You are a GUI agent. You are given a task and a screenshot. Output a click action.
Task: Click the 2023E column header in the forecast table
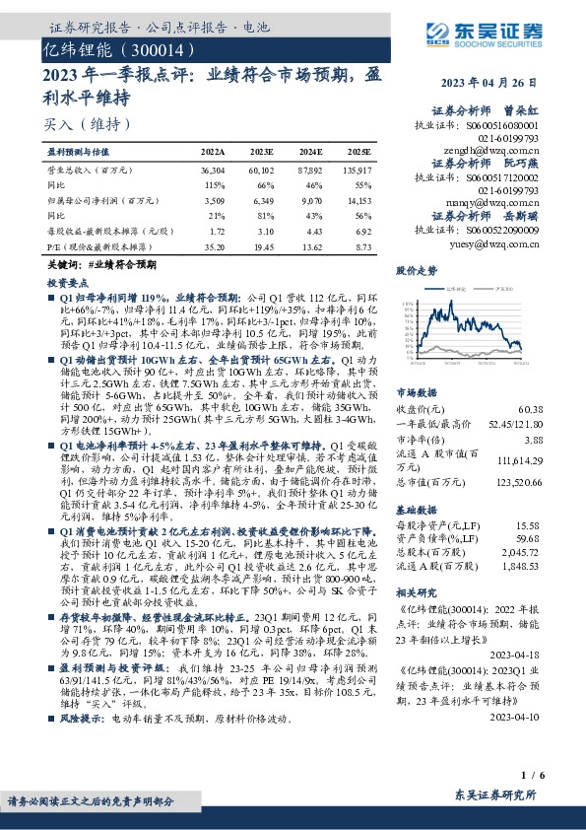click(x=262, y=153)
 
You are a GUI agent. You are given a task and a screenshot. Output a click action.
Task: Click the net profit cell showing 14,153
click(x=358, y=199)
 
